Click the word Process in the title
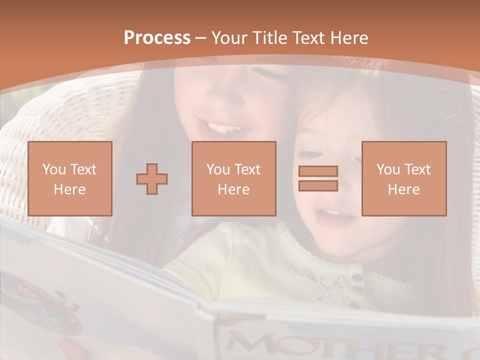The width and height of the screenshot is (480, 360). (157, 38)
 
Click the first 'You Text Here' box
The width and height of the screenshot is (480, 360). (70, 178)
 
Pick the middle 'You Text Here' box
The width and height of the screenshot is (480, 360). (234, 178)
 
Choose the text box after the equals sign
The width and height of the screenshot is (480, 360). (404, 178)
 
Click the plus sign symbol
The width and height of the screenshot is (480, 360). (152, 178)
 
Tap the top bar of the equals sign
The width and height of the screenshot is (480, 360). (318, 171)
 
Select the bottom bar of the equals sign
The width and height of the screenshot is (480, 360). (318, 185)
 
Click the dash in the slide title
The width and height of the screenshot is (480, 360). (201, 38)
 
